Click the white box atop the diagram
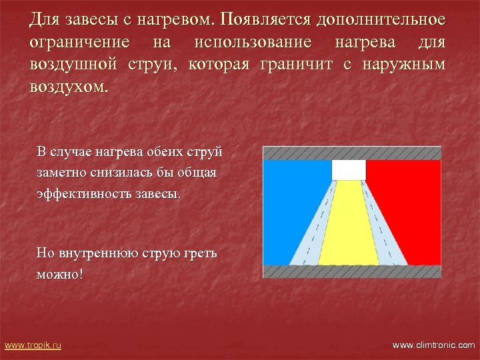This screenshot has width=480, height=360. (x=349, y=170)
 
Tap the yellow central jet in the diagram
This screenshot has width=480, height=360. (x=348, y=227)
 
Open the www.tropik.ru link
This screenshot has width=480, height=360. (x=33, y=345)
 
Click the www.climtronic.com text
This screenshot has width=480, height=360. (x=433, y=345)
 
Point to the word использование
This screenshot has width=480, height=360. (x=253, y=43)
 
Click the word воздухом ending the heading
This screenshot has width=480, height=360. (x=67, y=87)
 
